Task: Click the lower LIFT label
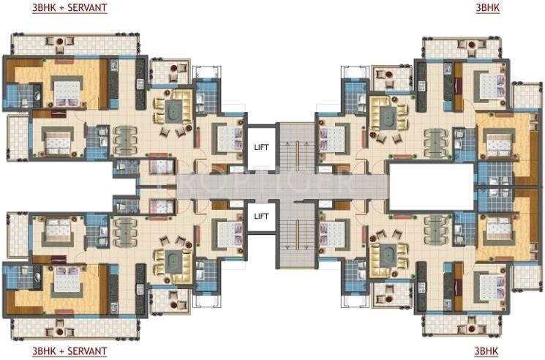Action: point(261,216)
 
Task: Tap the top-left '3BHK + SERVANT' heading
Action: point(69,8)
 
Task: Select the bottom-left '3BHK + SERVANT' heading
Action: point(69,351)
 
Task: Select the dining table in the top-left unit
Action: point(125,137)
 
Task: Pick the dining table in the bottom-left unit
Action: point(125,228)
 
